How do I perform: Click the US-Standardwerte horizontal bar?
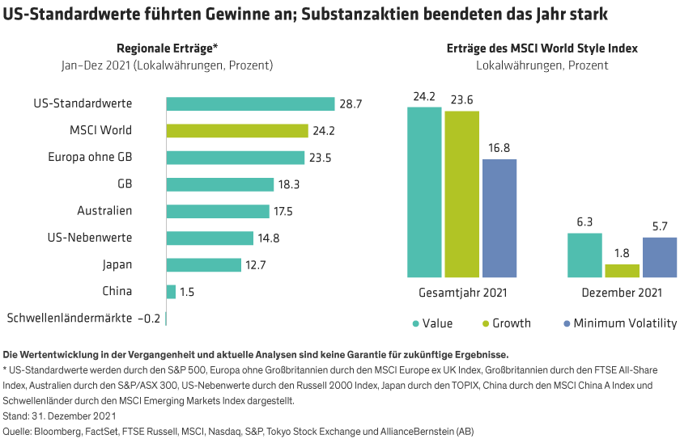[x=250, y=104]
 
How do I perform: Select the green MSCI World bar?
[x=237, y=131]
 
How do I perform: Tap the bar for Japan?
[x=203, y=265]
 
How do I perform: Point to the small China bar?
[x=171, y=292]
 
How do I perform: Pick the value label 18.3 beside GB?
[x=290, y=184]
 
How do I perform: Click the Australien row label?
[x=105, y=211]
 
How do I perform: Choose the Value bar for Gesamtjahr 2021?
[x=424, y=192]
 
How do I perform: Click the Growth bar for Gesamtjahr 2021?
[x=461, y=194]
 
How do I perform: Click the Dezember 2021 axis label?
[x=623, y=293]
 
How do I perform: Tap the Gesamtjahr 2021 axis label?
[x=462, y=293]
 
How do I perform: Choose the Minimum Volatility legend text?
[x=624, y=323]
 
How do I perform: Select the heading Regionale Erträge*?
[x=168, y=49]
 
